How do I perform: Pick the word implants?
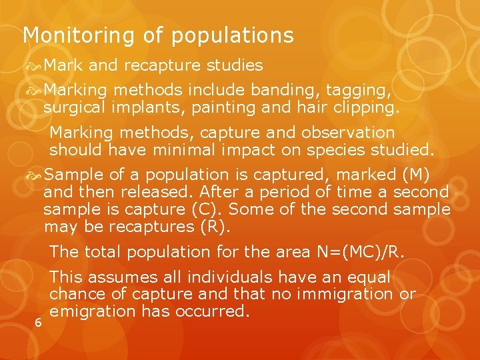click(x=147, y=107)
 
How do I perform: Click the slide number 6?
click(x=39, y=323)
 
